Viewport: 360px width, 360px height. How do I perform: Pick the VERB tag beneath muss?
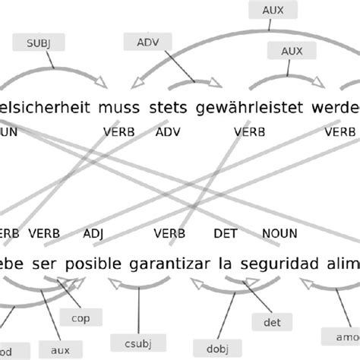click(x=119, y=132)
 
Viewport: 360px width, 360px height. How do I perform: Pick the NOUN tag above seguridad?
click(x=279, y=233)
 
